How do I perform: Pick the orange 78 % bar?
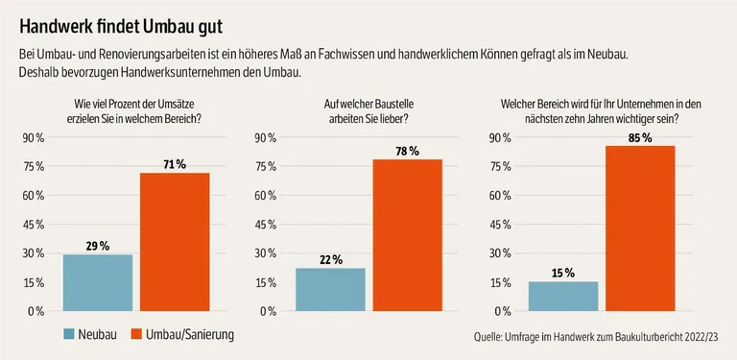pyautogui.click(x=407, y=235)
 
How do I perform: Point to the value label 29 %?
pyautogui.click(x=97, y=247)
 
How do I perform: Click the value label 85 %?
pyautogui.click(x=640, y=138)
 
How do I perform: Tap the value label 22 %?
pyautogui.click(x=330, y=260)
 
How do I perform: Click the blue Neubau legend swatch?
pyautogui.click(x=70, y=335)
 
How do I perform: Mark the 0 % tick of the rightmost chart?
pyautogui.click(x=498, y=311)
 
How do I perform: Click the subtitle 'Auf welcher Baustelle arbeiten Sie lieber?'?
pyautogui.click(x=368, y=111)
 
